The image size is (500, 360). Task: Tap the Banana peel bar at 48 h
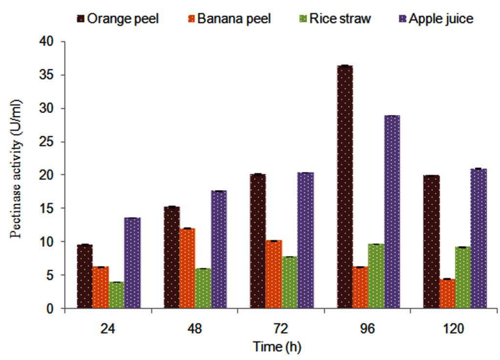tap(187, 268)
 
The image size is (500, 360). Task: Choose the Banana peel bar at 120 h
tap(447, 294)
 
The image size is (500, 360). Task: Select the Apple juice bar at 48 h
tap(219, 250)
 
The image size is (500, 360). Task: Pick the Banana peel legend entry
tap(229, 19)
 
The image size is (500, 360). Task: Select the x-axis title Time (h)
tap(277, 347)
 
